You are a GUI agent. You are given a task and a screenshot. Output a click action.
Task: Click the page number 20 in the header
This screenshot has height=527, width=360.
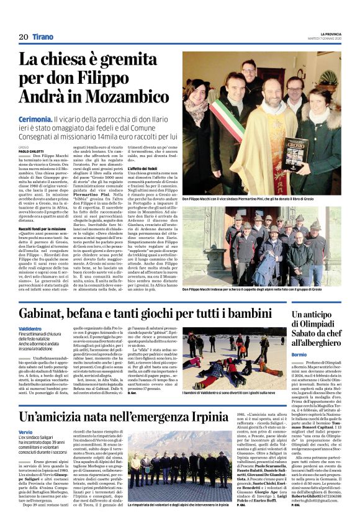[x=24, y=37]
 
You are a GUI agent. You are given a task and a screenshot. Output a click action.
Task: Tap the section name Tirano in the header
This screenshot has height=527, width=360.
[x=43, y=37]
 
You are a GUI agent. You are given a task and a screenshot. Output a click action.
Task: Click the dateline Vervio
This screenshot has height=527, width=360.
[x=25, y=432]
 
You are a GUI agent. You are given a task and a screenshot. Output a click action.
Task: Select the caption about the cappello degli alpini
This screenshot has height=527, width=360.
[x=253, y=289]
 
